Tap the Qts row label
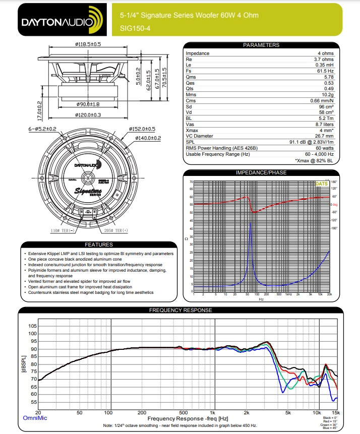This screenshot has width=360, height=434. [x=191, y=89]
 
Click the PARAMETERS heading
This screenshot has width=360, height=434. [x=261, y=45]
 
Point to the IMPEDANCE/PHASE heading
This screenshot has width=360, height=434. [x=261, y=172]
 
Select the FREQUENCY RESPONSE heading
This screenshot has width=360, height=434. [x=181, y=310]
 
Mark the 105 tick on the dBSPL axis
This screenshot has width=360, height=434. [x=33, y=326]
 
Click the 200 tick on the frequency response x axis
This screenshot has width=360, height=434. [x=142, y=412]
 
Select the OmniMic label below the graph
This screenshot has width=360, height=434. [x=35, y=418]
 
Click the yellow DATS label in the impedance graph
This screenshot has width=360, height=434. [x=321, y=184]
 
